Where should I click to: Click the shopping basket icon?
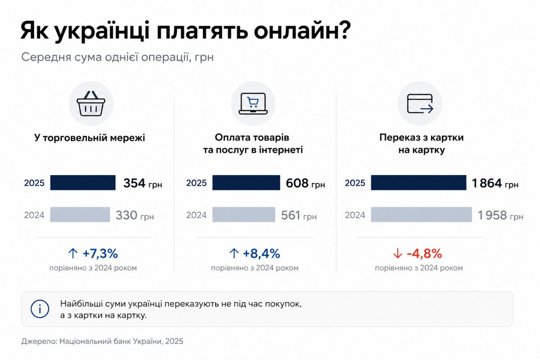click(x=91, y=103)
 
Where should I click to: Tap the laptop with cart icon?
click(x=253, y=103)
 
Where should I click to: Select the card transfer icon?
click(x=420, y=103)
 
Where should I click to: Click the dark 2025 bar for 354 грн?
click(x=83, y=183)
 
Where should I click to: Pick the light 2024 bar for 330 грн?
click(x=80, y=214)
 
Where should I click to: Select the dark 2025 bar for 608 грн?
click(x=246, y=183)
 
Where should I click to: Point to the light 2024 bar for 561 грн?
click(x=243, y=214)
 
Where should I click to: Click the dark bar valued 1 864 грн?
click(x=418, y=183)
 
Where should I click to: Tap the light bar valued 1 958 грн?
click(x=421, y=214)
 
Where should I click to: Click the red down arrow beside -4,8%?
click(x=397, y=254)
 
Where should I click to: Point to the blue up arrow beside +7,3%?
click(x=73, y=254)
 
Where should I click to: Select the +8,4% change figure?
click(x=261, y=254)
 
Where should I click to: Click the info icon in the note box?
click(x=40, y=309)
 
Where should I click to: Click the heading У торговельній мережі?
click(x=90, y=138)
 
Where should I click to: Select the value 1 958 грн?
click(x=500, y=215)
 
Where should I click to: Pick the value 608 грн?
click(x=306, y=183)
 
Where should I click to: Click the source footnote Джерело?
click(x=102, y=341)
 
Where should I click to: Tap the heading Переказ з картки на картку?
click(x=421, y=144)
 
